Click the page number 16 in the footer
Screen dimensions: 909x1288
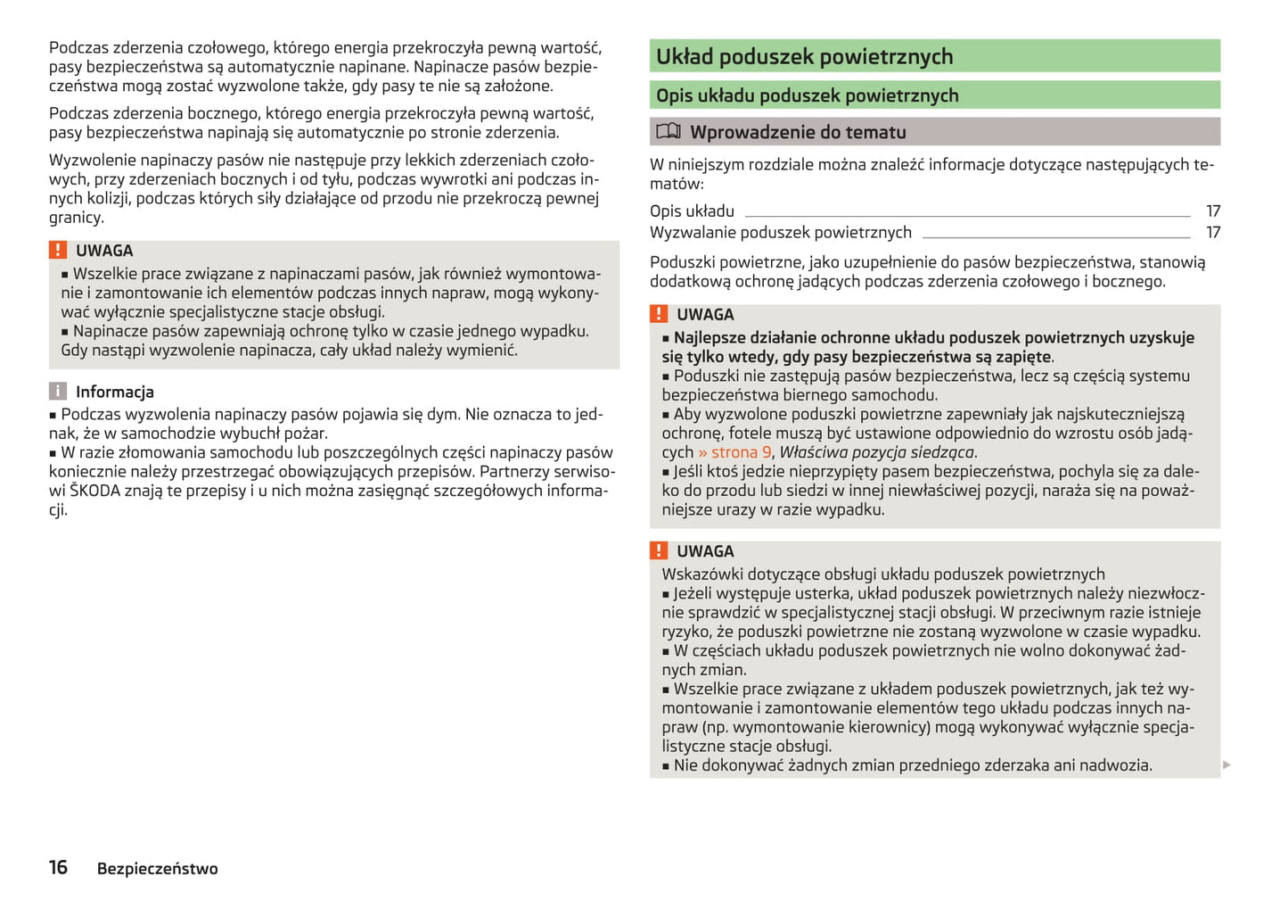pyautogui.click(x=58, y=867)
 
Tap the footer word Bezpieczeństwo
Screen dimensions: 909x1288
pyautogui.click(x=157, y=869)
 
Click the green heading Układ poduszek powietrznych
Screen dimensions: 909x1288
pyautogui.click(x=804, y=57)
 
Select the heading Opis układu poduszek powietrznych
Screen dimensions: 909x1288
pyautogui.click(x=807, y=95)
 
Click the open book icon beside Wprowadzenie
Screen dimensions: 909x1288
pyautogui.click(x=668, y=132)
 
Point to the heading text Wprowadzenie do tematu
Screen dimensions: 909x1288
pyautogui.click(x=798, y=132)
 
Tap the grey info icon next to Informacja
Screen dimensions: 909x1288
pyautogui.click(x=58, y=392)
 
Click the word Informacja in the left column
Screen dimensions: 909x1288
pyautogui.click(x=114, y=392)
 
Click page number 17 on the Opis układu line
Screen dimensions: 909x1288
pyautogui.click(x=1212, y=211)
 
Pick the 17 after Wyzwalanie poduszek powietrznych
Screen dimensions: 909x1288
pyautogui.click(x=1212, y=233)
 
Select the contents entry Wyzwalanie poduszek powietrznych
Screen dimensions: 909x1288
pyautogui.click(x=780, y=233)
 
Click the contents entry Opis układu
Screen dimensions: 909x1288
pyautogui.click(x=692, y=211)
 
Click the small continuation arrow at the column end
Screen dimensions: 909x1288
pyautogui.click(x=1226, y=764)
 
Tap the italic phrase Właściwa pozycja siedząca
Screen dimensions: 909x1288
pyautogui.click(x=876, y=452)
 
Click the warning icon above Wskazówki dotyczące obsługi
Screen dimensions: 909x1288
pyautogui.click(x=659, y=551)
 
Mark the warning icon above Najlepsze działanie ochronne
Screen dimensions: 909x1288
pyautogui.click(x=659, y=314)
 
